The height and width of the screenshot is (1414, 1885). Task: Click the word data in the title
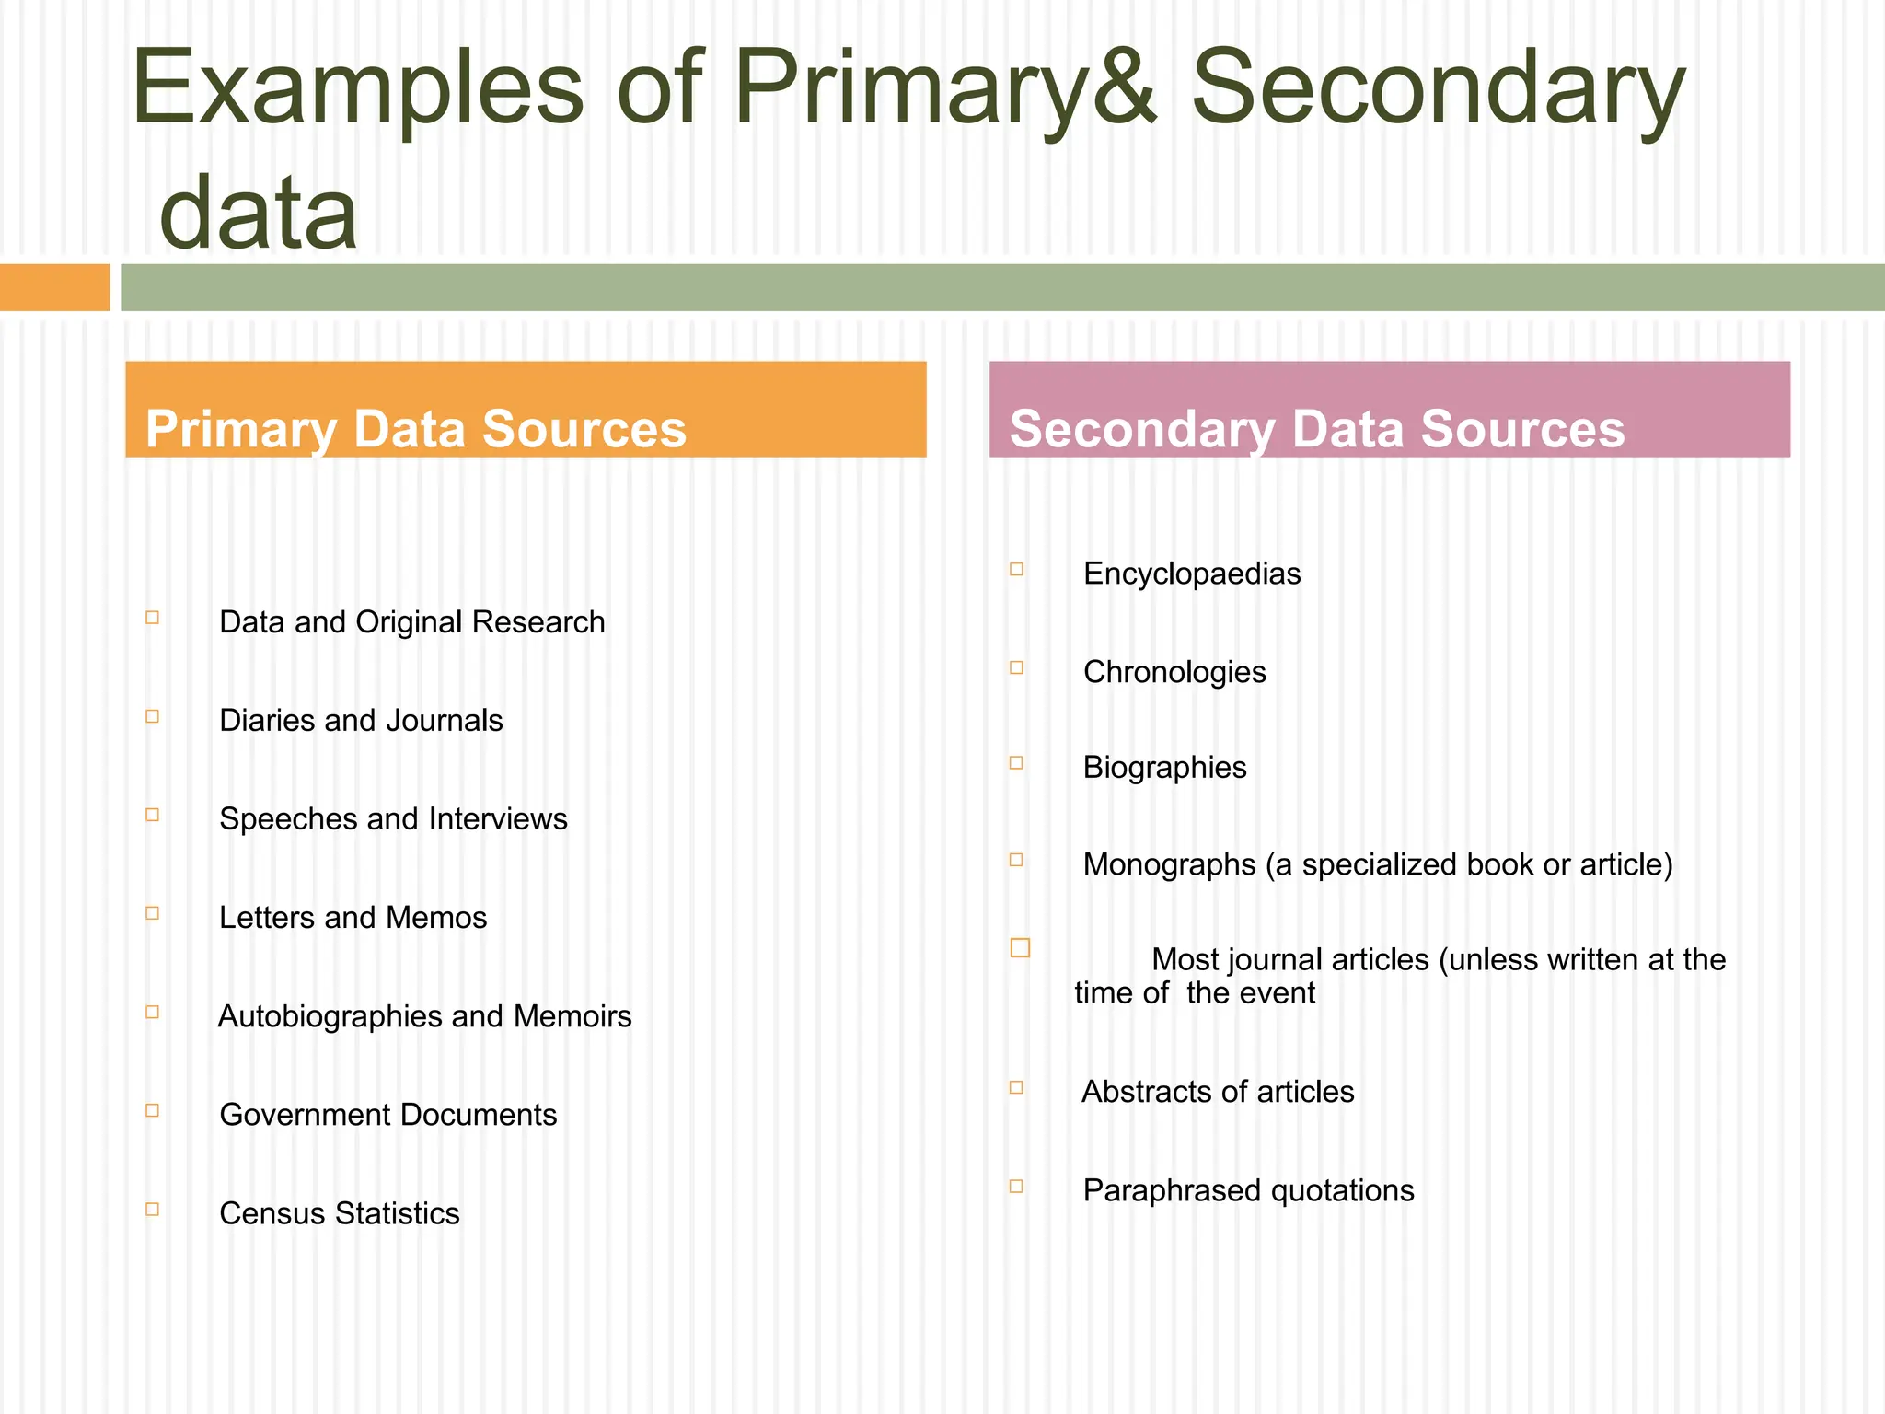[x=259, y=214]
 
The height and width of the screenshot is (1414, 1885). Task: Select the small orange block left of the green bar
[x=54, y=287]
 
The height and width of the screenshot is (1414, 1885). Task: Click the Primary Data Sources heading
[x=416, y=429]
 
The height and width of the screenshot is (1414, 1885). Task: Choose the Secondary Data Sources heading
[x=1317, y=429]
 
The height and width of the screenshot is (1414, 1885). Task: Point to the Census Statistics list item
[x=340, y=1213]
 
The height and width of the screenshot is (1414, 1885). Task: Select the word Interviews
[x=498, y=818]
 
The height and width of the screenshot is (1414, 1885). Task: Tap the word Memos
[x=436, y=917]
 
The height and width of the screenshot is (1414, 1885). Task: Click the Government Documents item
[x=387, y=1115]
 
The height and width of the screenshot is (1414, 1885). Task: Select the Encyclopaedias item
[x=1192, y=574]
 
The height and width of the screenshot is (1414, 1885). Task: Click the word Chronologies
[x=1174, y=672]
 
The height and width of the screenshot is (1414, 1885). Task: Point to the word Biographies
[x=1164, y=767]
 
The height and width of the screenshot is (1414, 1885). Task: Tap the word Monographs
[x=1169, y=864]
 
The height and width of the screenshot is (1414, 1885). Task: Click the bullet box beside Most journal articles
[x=1020, y=947]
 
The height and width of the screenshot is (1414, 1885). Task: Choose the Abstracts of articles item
[x=1218, y=1092]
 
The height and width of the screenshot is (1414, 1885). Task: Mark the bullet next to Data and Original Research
[x=153, y=618]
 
